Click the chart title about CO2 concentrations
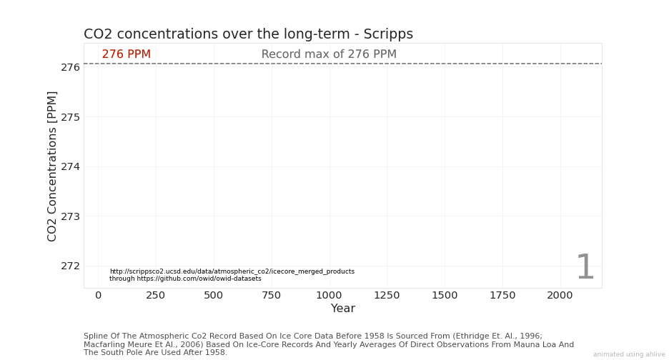[x=248, y=34]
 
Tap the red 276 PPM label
[x=126, y=54]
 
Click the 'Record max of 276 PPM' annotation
[x=329, y=54]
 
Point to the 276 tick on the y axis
[x=70, y=67]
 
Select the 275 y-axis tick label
[x=70, y=117]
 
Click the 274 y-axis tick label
[x=70, y=166]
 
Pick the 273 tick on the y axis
[x=70, y=216]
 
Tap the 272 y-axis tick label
[x=70, y=266]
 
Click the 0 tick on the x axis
[x=98, y=295]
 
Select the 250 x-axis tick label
[x=156, y=295]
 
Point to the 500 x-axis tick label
[x=214, y=295]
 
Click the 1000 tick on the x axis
[x=329, y=295]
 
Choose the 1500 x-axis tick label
[x=445, y=295]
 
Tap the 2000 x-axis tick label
[x=560, y=295]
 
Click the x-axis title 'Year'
[x=342, y=309]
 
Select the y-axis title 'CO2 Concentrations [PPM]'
[x=52, y=166]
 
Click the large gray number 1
[x=585, y=269]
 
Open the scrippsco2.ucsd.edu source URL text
[x=232, y=271]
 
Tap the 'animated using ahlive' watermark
[x=628, y=354]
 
